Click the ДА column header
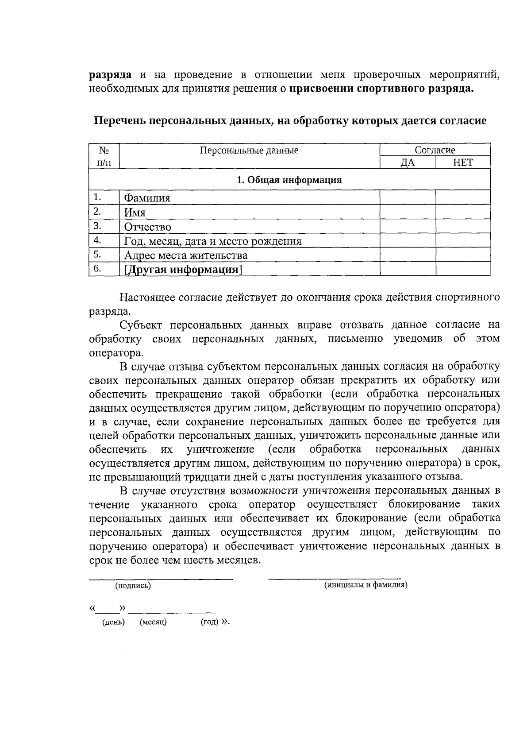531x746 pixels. pyautogui.click(x=408, y=163)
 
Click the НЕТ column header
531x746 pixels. pyautogui.click(x=463, y=162)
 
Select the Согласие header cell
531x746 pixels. pyautogui.click(x=435, y=150)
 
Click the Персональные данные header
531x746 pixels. pyautogui.click(x=249, y=151)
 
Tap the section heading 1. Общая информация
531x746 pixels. pyautogui.click(x=289, y=180)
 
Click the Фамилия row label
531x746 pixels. pyautogui.click(x=147, y=198)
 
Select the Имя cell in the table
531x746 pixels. pyautogui.click(x=135, y=213)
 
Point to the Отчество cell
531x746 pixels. pyautogui.click(x=147, y=227)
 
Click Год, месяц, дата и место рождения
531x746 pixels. pyautogui.click(x=212, y=241)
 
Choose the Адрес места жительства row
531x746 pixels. pyautogui.click(x=186, y=255)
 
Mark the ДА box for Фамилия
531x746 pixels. pyautogui.click(x=408, y=197)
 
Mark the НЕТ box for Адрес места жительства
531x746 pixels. pyautogui.click(x=463, y=255)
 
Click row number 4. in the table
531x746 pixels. pyautogui.click(x=97, y=240)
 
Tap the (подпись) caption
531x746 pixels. pyautogui.click(x=133, y=586)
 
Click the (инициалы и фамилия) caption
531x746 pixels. pyautogui.click(x=366, y=585)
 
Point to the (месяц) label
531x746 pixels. pyautogui.click(x=153, y=622)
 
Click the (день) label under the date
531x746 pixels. pyautogui.click(x=114, y=622)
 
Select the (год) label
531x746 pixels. pyautogui.click(x=210, y=622)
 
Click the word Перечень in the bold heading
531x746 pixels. pyautogui.click(x=119, y=121)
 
